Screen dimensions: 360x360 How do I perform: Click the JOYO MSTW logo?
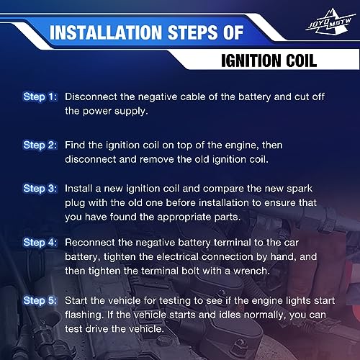point(330,22)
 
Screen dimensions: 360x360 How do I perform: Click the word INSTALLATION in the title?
point(106,32)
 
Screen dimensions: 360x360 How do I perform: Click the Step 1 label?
point(40,97)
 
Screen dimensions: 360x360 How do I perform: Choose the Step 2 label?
point(40,145)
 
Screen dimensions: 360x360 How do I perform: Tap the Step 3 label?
point(40,189)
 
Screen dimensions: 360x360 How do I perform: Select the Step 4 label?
point(40,243)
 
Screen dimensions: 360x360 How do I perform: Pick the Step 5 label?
point(40,301)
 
